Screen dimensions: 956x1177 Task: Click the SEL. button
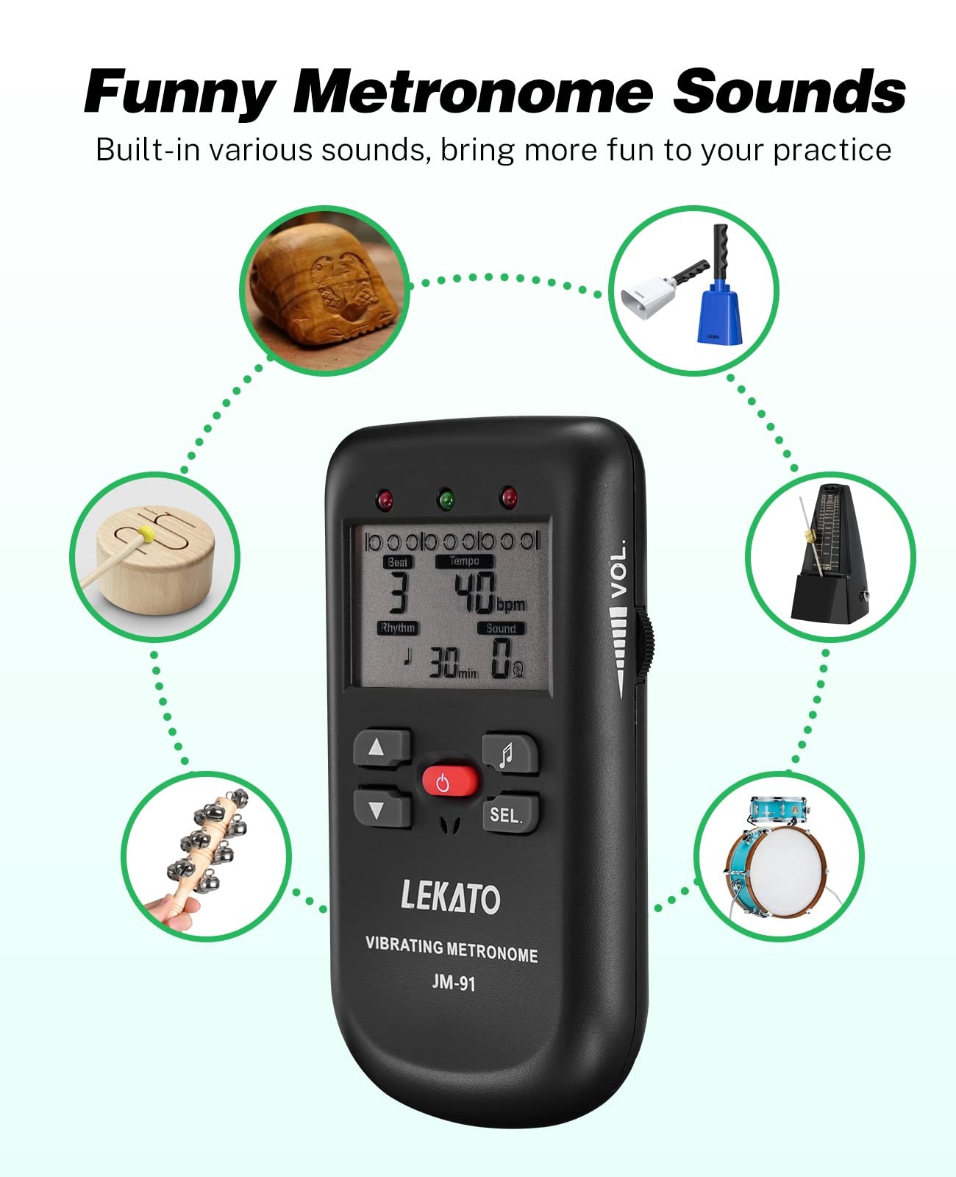(510, 814)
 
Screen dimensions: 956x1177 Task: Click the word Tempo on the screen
(464, 561)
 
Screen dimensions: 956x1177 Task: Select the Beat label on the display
(398, 562)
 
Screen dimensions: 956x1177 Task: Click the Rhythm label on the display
(398, 627)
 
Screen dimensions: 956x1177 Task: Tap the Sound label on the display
(501, 628)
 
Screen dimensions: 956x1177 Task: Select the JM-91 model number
(454, 983)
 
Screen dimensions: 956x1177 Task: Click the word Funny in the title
(180, 93)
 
